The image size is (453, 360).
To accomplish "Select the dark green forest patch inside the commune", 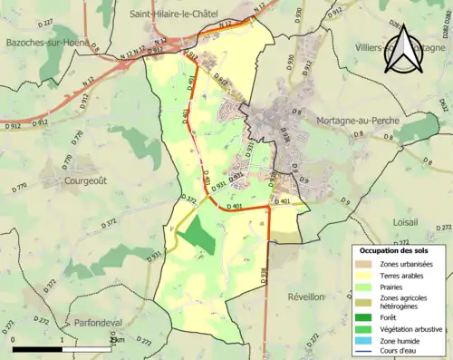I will [197, 237].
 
